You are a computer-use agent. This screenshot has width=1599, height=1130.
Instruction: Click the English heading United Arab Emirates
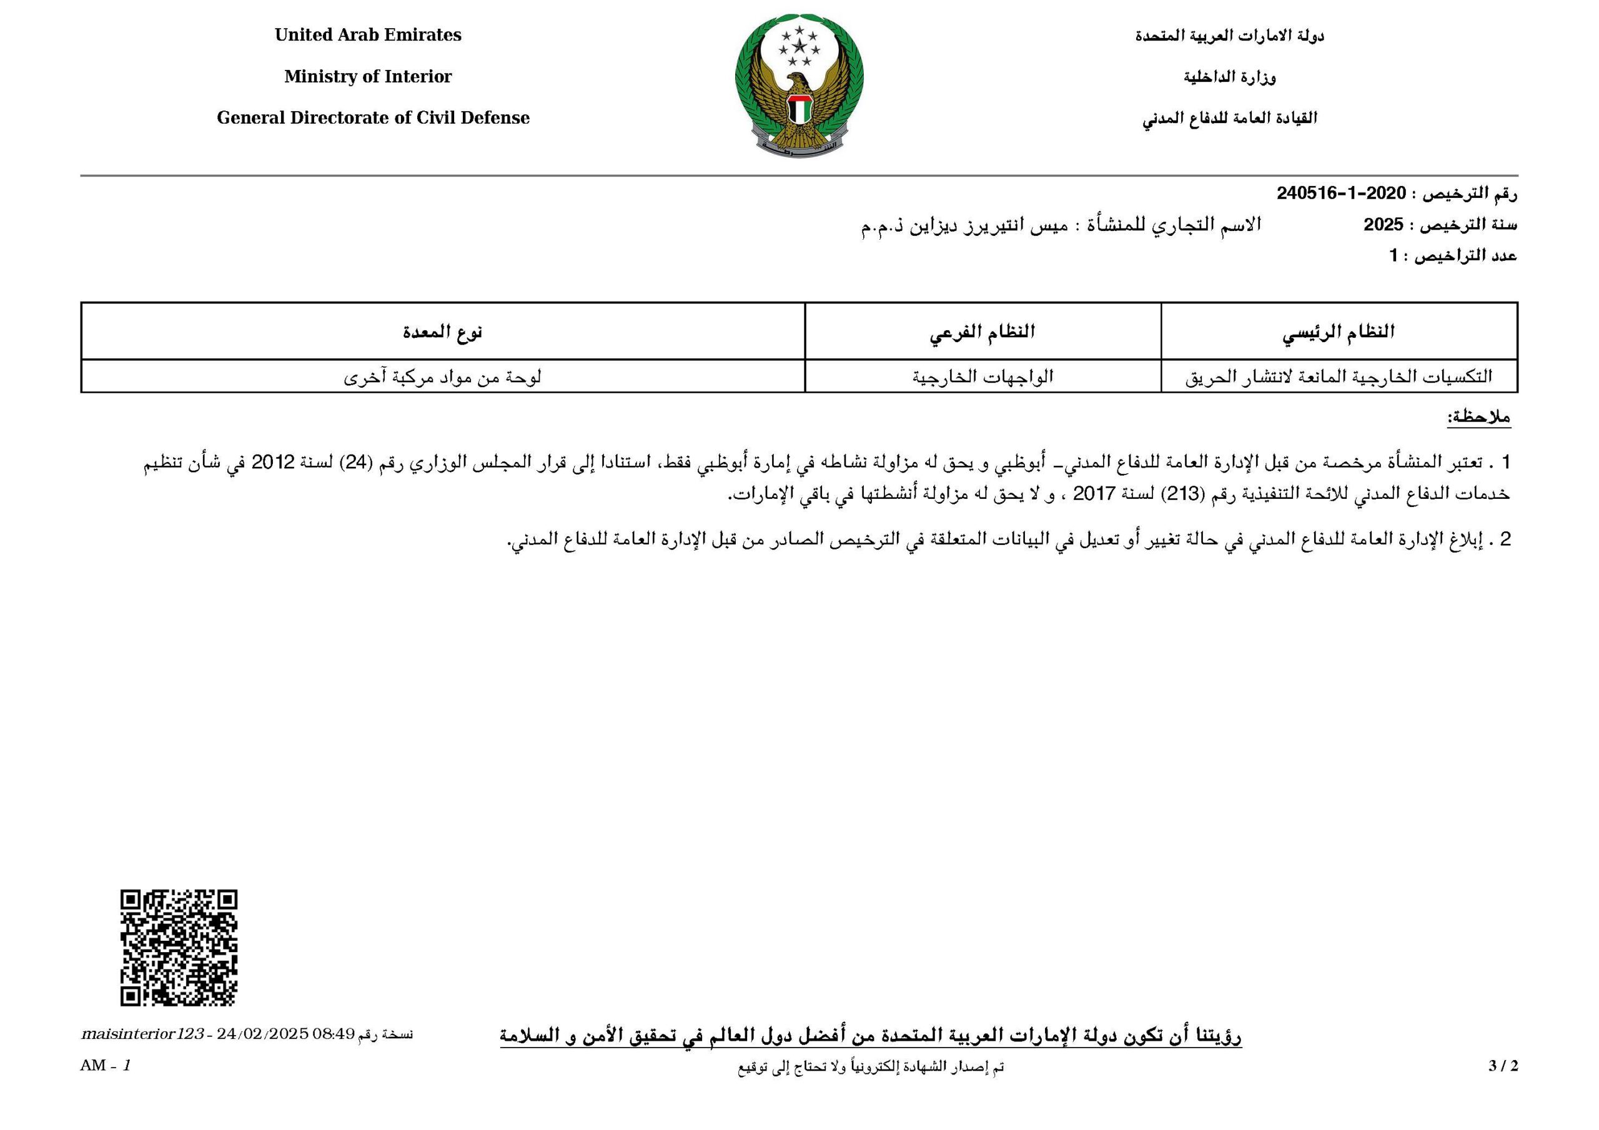click(368, 36)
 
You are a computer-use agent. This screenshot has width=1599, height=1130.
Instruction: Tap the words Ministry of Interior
click(368, 77)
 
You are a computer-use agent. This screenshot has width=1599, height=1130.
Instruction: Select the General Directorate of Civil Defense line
click(373, 117)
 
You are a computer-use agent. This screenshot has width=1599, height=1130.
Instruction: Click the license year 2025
click(1383, 225)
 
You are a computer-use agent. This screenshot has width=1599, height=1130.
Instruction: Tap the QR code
click(179, 948)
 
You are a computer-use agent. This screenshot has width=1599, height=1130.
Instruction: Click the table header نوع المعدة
click(442, 332)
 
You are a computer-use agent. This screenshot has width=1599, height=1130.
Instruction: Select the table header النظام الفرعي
click(982, 332)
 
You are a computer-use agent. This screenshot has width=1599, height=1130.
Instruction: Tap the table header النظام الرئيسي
click(1339, 332)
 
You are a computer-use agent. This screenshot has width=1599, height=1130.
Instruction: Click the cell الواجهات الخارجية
click(982, 376)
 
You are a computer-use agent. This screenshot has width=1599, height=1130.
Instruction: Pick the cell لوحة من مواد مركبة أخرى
click(442, 376)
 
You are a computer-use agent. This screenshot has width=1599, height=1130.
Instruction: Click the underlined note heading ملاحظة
click(1478, 418)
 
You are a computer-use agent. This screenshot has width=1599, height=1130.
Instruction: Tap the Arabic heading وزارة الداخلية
click(1229, 77)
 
